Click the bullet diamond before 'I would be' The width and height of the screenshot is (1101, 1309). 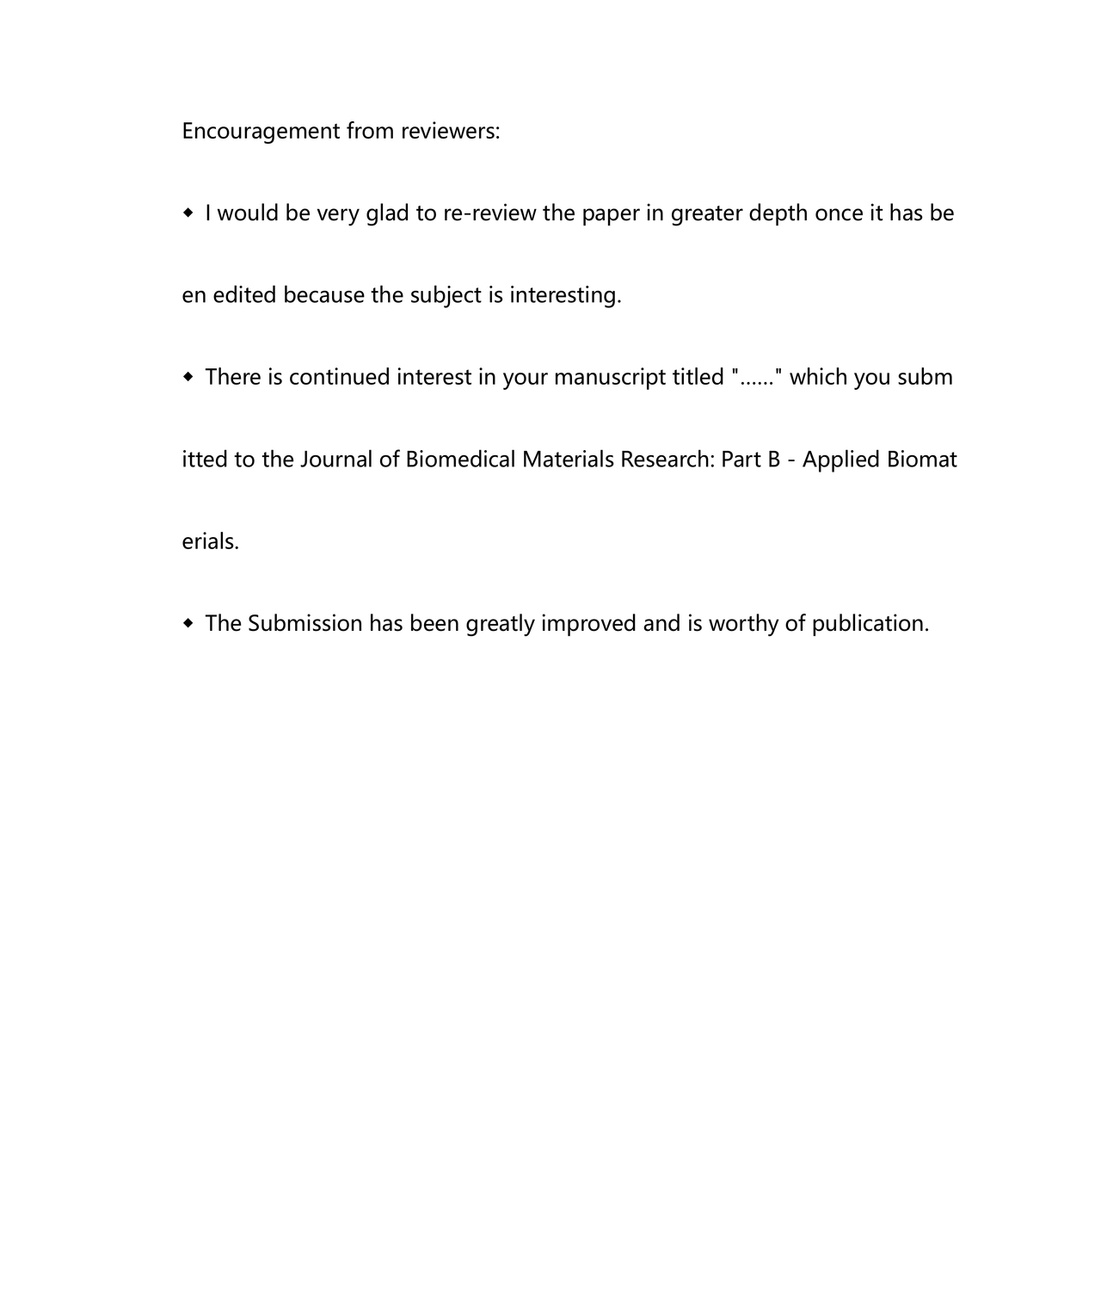coord(188,213)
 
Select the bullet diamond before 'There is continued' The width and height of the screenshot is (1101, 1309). coord(188,377)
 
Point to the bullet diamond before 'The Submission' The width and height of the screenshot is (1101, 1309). coord(188,623)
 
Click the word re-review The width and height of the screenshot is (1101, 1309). coord(489,213)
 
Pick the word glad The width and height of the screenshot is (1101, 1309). coord(387,213)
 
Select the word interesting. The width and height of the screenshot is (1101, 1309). coord(565,295)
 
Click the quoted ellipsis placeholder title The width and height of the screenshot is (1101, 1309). coord(757,377)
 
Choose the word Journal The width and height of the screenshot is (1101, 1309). coord(336,460)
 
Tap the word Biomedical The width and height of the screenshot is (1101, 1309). coord(460,460)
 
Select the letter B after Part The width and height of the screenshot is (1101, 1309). coord(773,460)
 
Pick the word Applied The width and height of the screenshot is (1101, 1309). coord(840,460)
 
